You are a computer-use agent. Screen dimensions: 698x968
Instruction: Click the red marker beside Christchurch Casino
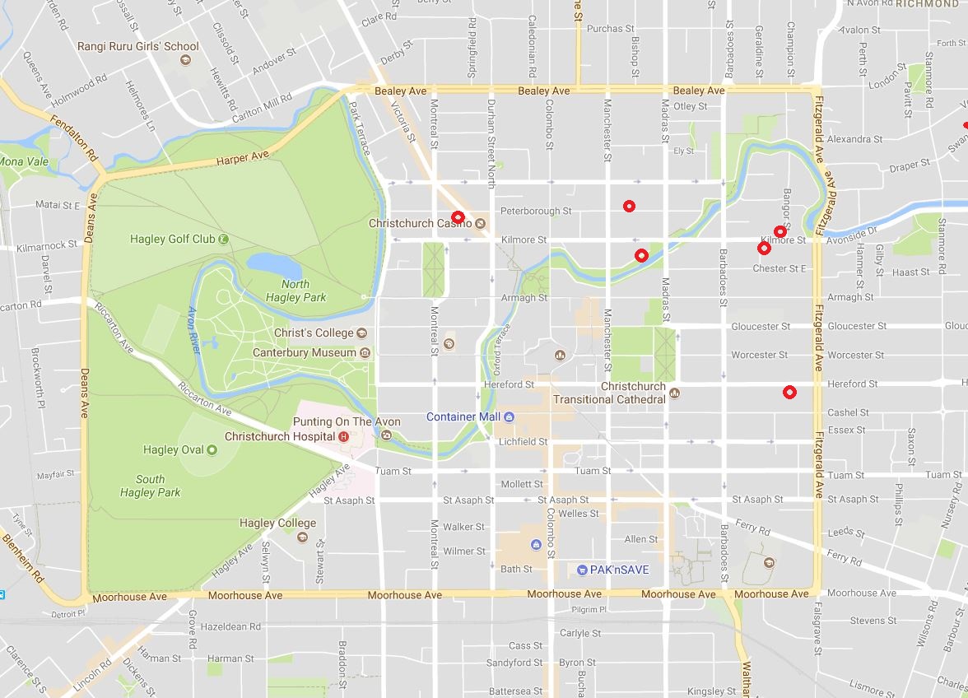point(458,217)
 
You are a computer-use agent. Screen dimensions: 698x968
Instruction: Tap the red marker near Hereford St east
point(789,392)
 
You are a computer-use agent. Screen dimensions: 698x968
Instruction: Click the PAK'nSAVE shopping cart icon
point(582,569)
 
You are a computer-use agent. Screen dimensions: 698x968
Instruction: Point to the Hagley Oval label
point(172,449)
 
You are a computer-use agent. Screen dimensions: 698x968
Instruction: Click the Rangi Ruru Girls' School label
point(137,46)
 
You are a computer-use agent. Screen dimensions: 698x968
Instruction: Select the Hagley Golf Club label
point(172,239)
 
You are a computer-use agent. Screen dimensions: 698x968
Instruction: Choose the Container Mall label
point(463,416)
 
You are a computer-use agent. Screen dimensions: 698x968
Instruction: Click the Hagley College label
point(277,523)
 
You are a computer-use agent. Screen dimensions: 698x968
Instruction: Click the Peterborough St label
point(536,211)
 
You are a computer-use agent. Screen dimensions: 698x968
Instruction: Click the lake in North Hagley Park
point(275,264)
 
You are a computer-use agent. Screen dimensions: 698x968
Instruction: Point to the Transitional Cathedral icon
point(675,393)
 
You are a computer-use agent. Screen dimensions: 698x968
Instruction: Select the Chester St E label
point(780,268)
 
